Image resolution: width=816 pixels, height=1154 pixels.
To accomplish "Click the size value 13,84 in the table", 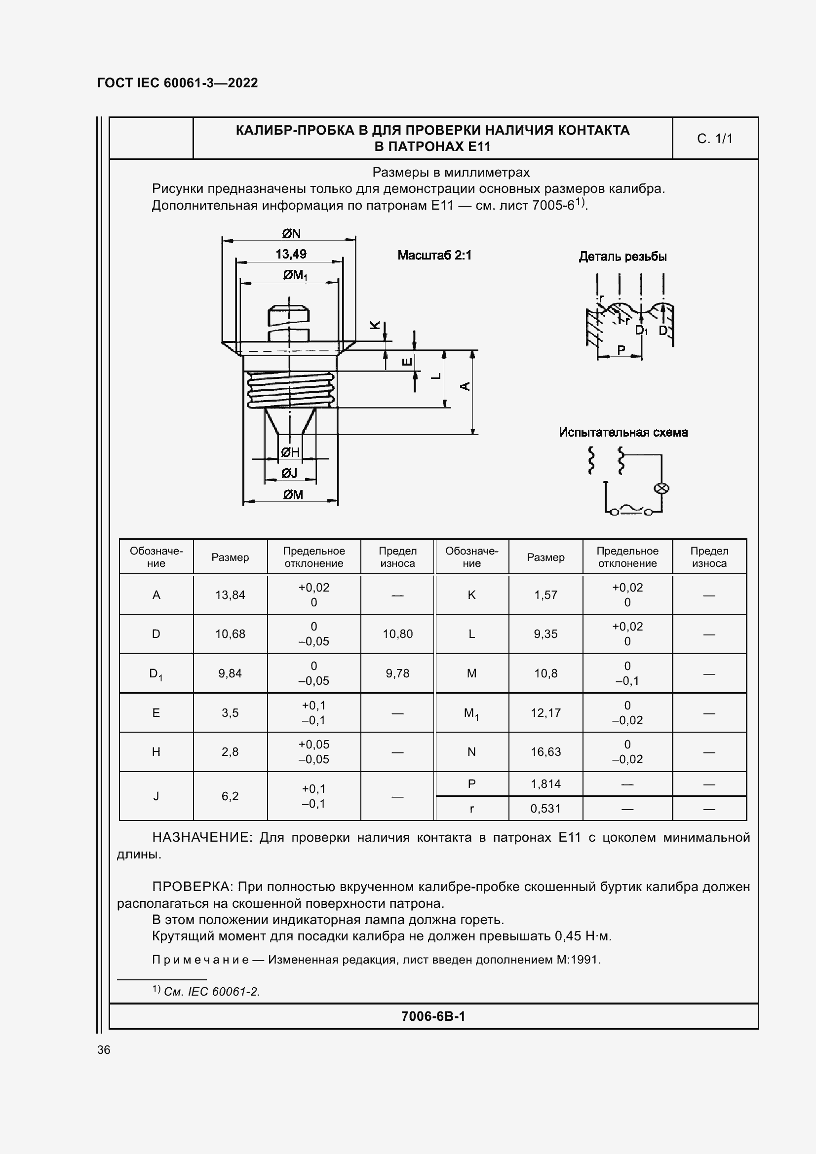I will point(230,595).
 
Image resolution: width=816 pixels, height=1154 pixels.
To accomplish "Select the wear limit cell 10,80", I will point(397,634).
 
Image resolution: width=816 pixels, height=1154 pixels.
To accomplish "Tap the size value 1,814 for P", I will point(545,783).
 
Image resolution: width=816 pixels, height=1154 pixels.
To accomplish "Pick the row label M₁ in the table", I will point(471,713).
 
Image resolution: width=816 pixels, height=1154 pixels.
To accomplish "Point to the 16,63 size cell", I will point(545,752).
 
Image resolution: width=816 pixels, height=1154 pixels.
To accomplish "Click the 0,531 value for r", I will point(545,809).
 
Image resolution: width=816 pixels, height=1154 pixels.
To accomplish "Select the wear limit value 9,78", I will point(397,673).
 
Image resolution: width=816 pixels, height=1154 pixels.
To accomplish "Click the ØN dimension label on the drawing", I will point(291,234).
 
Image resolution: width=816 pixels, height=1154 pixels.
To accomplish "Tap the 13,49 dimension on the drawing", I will point(291,254).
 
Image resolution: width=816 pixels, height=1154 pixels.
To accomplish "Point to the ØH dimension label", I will point(291,452).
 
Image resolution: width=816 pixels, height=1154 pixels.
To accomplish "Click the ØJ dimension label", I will point(290,473).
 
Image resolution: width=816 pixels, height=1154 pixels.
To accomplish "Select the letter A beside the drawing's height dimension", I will point(465,386).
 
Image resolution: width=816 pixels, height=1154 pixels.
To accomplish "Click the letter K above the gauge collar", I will point(375,325).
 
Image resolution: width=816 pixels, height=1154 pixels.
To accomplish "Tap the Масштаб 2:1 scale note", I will point(434,256).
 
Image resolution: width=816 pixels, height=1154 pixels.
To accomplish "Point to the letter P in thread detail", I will point(621,350).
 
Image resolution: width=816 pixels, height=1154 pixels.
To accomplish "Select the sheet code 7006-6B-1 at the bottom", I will point(433,1016).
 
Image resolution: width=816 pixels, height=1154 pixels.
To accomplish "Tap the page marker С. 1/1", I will point(714,139).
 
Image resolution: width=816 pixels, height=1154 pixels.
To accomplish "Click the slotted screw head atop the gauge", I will point(289,314).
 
